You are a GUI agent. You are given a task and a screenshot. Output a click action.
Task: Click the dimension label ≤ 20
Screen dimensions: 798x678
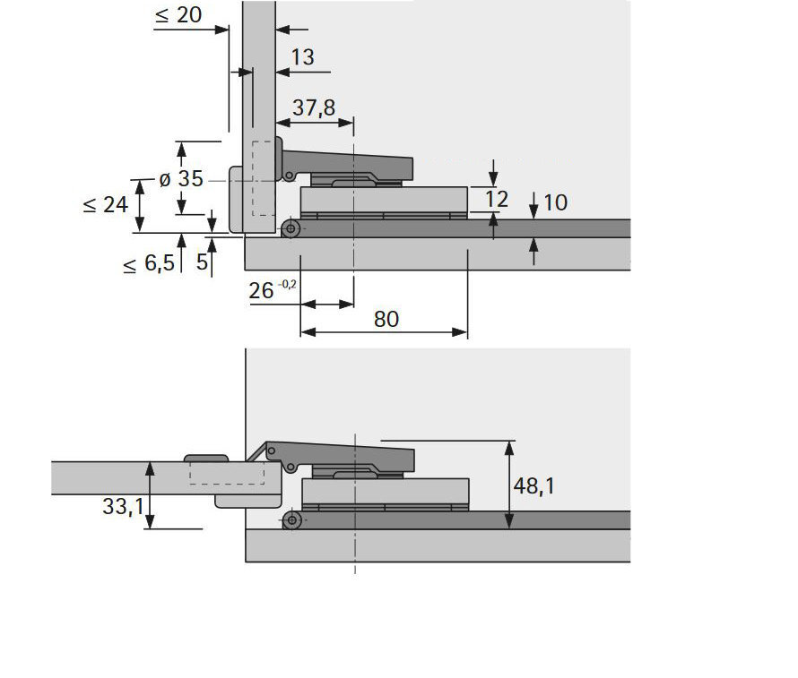[178, 14]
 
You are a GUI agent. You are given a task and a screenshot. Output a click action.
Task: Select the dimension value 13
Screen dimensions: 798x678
[302, 57]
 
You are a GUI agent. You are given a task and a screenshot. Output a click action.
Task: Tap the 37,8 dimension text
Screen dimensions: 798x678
[314, 107]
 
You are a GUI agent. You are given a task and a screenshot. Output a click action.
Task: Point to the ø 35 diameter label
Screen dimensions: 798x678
[181, 179]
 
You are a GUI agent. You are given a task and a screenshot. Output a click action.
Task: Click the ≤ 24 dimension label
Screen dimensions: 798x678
[105, 205]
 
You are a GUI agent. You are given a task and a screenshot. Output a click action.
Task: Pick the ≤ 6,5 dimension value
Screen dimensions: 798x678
[149, 263]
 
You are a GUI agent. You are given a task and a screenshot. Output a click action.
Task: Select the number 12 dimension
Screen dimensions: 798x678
[496, 199]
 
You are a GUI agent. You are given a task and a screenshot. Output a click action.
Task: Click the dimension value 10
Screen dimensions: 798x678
[555, 202]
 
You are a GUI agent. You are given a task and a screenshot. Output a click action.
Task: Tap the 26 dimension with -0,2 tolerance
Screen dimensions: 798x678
[273, 289]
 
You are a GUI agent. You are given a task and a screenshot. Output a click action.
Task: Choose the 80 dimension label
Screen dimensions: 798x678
[386, 319]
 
